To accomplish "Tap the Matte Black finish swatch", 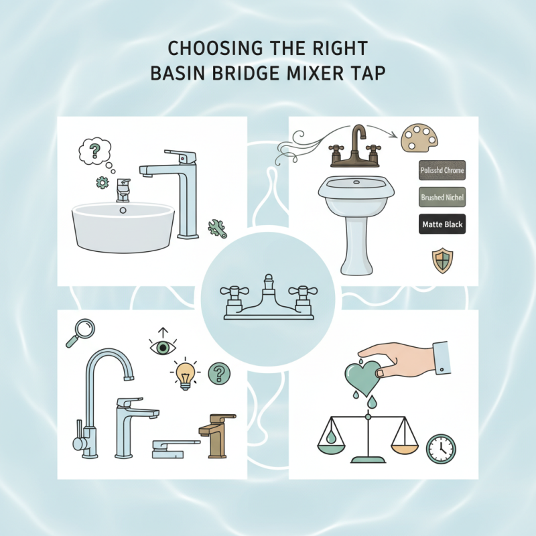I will click(x=442, y=224).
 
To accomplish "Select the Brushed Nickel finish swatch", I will click(x=442, y=198).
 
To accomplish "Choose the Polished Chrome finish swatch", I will click(x=442, y=171).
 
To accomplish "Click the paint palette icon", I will click(x=417, y=138).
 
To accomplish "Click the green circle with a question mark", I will click(x=218, y=373).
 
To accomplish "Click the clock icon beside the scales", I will click(x=440, y=448).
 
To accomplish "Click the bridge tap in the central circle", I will click(x=267, y=297).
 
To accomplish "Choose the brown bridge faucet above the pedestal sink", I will click(x=354, y=150).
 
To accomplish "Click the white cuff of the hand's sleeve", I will click(x=440, y=353).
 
